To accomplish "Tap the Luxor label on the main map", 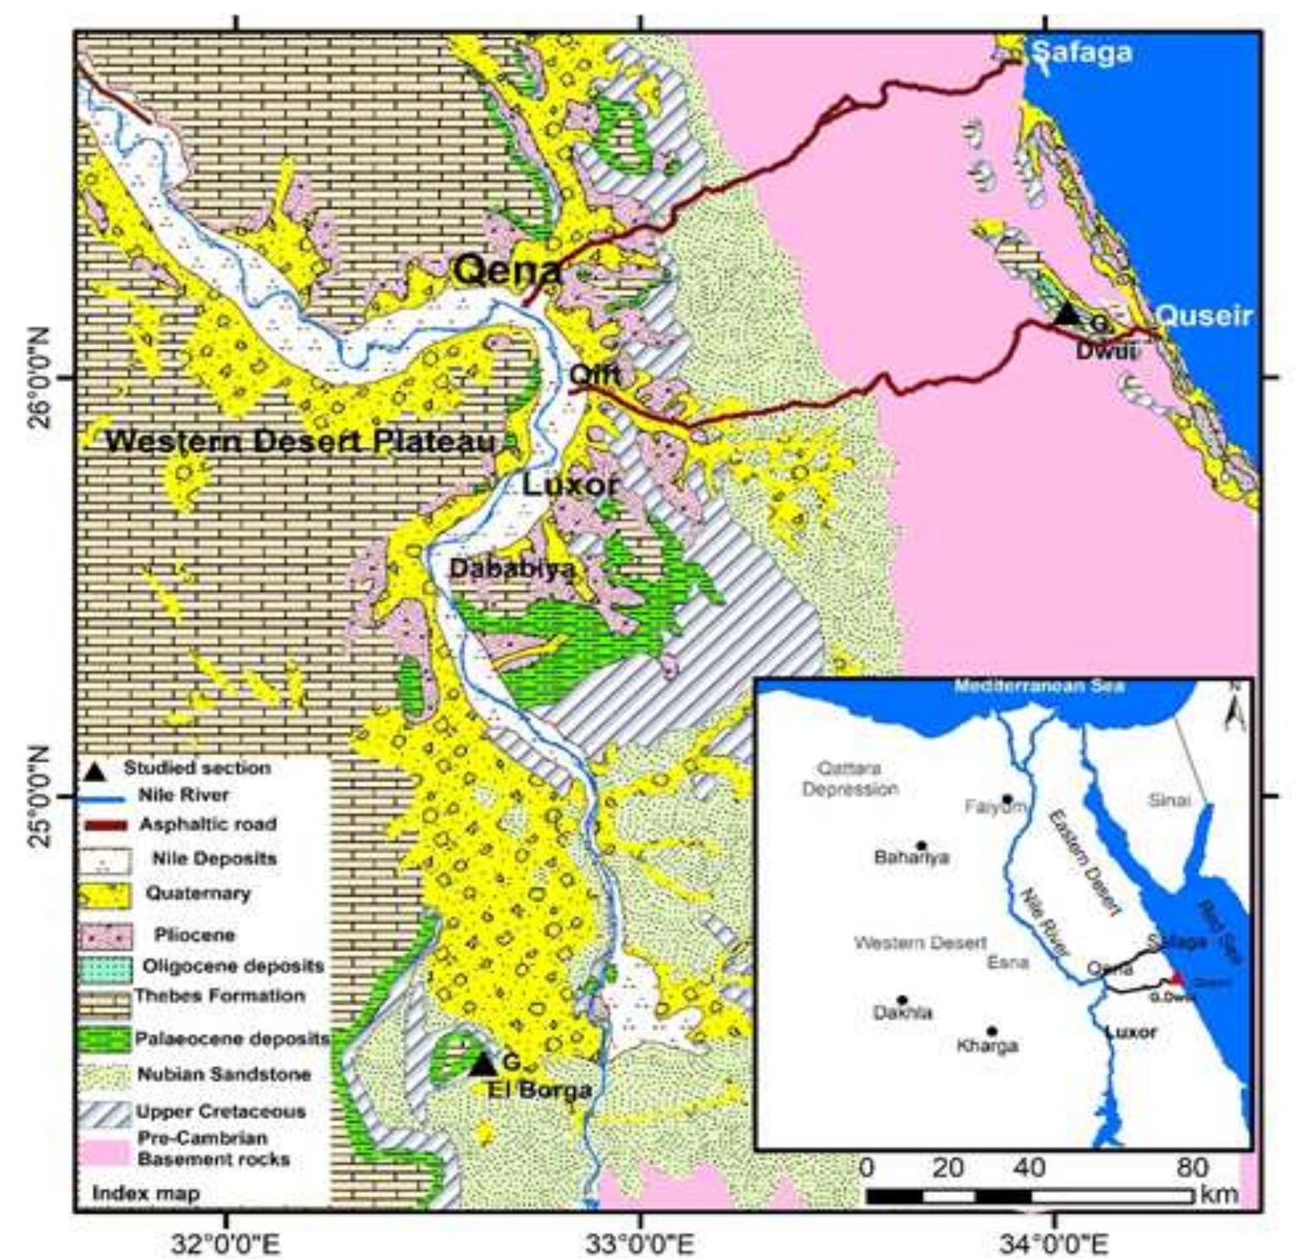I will (x=570, y=486).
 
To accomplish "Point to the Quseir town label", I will (x=1203, y=316).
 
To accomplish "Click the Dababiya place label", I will (x=511, y=568).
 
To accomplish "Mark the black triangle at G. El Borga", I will (x=482, y=1064).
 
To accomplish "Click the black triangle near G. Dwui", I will (x=1067, y=315).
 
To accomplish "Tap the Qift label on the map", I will (x=594, y=374).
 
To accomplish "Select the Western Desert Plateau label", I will (x=301, y=442).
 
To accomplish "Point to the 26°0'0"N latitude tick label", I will (x=45, y=377).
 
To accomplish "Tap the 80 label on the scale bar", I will (x=1191, y=1167).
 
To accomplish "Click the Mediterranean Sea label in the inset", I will (x=1039, y=685).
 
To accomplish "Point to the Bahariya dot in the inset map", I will (x=922, y=845).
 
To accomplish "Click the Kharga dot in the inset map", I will (x=991, y=1031).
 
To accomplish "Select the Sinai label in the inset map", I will (x=1168, y=799).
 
